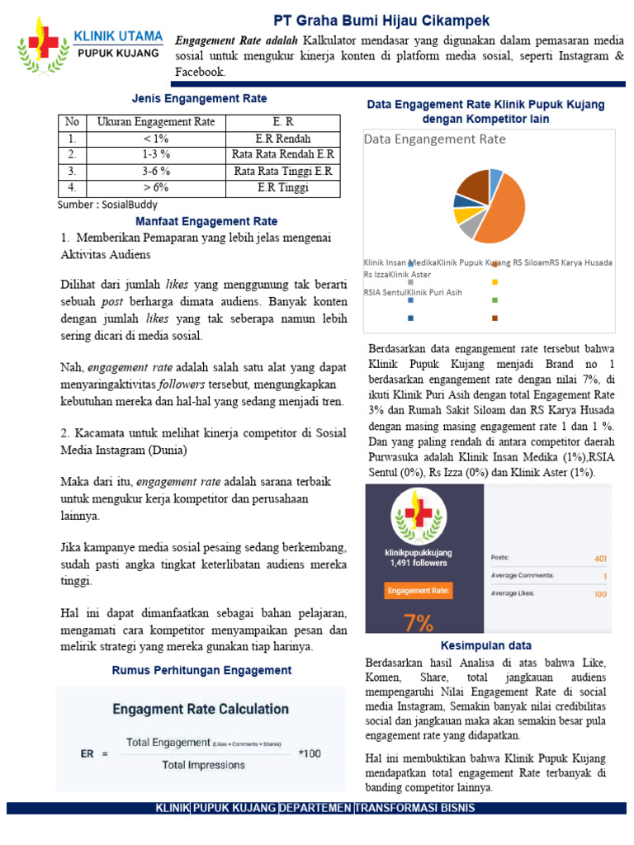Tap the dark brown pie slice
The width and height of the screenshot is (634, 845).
(x=474, y=186)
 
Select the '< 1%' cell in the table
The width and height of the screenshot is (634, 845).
(x=156, y=139)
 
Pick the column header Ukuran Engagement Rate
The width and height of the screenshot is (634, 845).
(x=156, y=122)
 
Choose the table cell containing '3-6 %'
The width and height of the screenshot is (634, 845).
(x=156, y=171)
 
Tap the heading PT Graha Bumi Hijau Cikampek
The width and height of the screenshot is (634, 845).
(x=381, y=20)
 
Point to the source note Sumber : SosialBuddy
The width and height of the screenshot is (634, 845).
(x=108, y=205)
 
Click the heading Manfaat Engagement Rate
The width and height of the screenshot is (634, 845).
(x=206, y=221)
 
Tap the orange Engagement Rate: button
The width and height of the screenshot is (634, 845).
(x=419, y=591)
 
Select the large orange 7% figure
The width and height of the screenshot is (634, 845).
(x=419, y=621)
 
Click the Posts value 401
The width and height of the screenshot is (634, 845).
(x=600, y=558)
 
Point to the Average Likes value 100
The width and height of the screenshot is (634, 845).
(x=600, y=593)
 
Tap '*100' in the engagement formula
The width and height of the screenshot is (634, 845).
(x=310, y=753)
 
